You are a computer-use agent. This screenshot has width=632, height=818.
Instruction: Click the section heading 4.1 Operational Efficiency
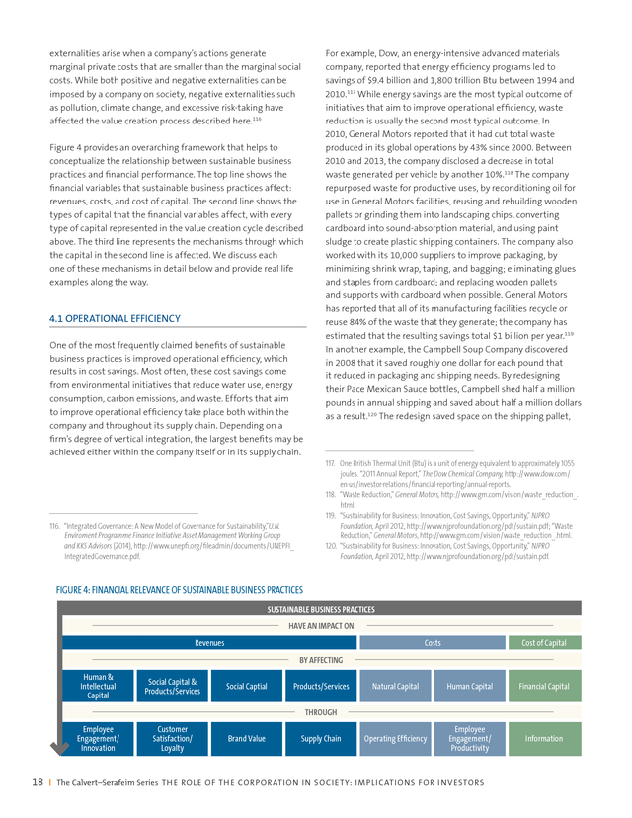click(x=115, y=318)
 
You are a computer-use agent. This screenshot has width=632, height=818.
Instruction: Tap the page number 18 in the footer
click(x=38, y=783)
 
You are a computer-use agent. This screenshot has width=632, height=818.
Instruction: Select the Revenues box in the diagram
click(x=209, y=643)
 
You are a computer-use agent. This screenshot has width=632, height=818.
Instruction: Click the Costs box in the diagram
click(x=432, y=643)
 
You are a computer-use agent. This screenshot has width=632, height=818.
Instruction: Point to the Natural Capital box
click(x=395, y=686)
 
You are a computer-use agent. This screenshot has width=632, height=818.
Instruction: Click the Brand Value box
click(x=246, y=738)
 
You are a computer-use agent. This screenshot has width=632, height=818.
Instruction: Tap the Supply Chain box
click(x=320, y=738)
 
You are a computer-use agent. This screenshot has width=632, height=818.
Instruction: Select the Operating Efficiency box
click(x=395, y=738)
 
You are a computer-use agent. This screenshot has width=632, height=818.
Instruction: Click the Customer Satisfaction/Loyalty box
click(x=172, y=738)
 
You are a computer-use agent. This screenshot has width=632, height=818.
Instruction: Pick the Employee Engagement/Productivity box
click(x=469, y=738)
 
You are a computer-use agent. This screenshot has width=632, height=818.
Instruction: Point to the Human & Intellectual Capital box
click(x=98, y=686)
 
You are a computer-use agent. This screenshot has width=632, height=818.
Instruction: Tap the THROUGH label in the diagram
click(x=321, y=711)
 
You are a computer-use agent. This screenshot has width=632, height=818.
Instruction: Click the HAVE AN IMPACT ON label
click(x=321, y=625)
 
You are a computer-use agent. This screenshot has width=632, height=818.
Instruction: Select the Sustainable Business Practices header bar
click(x=321, y=609)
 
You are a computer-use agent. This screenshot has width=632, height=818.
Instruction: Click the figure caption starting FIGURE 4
click(x=180, y=589)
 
